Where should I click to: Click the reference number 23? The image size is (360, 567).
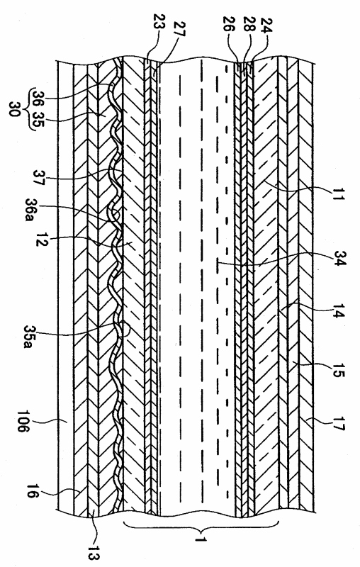click(x=159, y=23)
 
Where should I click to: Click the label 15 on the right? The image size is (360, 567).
click(x=337, y=369)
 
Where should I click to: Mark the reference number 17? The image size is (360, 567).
click(x=338, y=423)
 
